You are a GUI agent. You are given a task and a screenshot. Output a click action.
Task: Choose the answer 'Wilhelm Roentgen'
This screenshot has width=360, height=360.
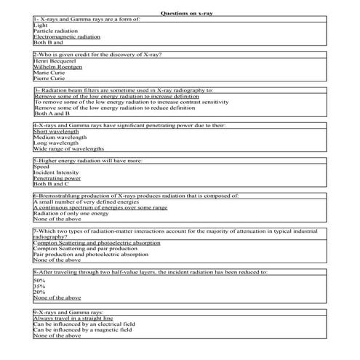(x=57, y=67)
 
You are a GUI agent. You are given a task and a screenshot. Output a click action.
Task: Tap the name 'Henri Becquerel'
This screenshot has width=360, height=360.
(x=56, y=61)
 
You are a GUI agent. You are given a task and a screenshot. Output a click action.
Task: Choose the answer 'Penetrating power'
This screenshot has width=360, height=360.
(x=57, y=178)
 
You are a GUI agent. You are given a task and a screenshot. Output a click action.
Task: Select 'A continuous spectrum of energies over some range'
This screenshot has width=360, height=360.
(x=100, y=207)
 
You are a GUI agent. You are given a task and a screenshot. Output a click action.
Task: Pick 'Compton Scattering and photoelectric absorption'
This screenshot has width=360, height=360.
(x=97, y=242)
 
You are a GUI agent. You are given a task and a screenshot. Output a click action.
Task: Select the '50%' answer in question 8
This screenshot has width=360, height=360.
(x=40, y=281)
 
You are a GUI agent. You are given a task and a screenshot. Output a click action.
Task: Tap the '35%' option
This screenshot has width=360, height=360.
(x=40, y=287)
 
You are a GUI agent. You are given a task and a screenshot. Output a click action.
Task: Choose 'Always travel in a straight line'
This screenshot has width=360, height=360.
(x=73, y=318)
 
